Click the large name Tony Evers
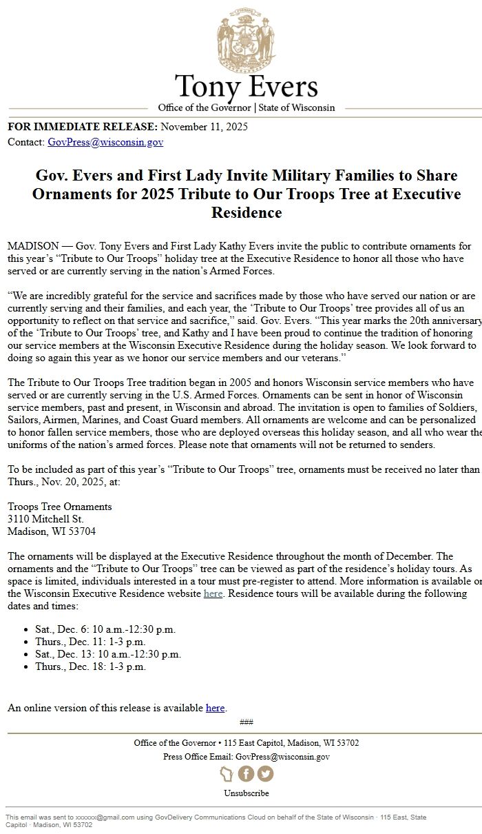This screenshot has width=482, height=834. pyautogui.click(x=246, y=88)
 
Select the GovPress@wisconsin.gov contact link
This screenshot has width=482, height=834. pyautogui.click(x=105, y=142)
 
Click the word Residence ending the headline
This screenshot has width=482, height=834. pyautogui.click(x=246, y=212)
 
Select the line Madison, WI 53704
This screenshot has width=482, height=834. pyautogui.click(x=52, y=531)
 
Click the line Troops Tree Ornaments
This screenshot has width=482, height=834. pyautogui.click(x=59, y=507)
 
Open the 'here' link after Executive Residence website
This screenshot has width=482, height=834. pyautogui.click(x=213, y=593)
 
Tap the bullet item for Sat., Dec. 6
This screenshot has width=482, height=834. pyautogui.click(x=105, y=629)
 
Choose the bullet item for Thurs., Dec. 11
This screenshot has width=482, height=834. pyautogui.click(x=90, y=642)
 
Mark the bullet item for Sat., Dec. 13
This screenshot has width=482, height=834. pyautogui.click(x=108, y=654)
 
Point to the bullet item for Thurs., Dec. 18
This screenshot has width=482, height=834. pyautogui.click(x=90, y=667)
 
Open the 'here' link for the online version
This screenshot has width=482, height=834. pyautogui.click(x=215, y=708)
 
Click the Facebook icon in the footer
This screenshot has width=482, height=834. pyautogui.click(x=246, y=773)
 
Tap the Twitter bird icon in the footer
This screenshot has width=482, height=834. pyautogui.click(x=265, y=773)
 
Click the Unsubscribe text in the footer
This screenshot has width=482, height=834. pyautogui.click(x=246, y=793)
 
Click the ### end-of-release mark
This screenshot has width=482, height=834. pyautogui.click(x=246, y=722)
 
